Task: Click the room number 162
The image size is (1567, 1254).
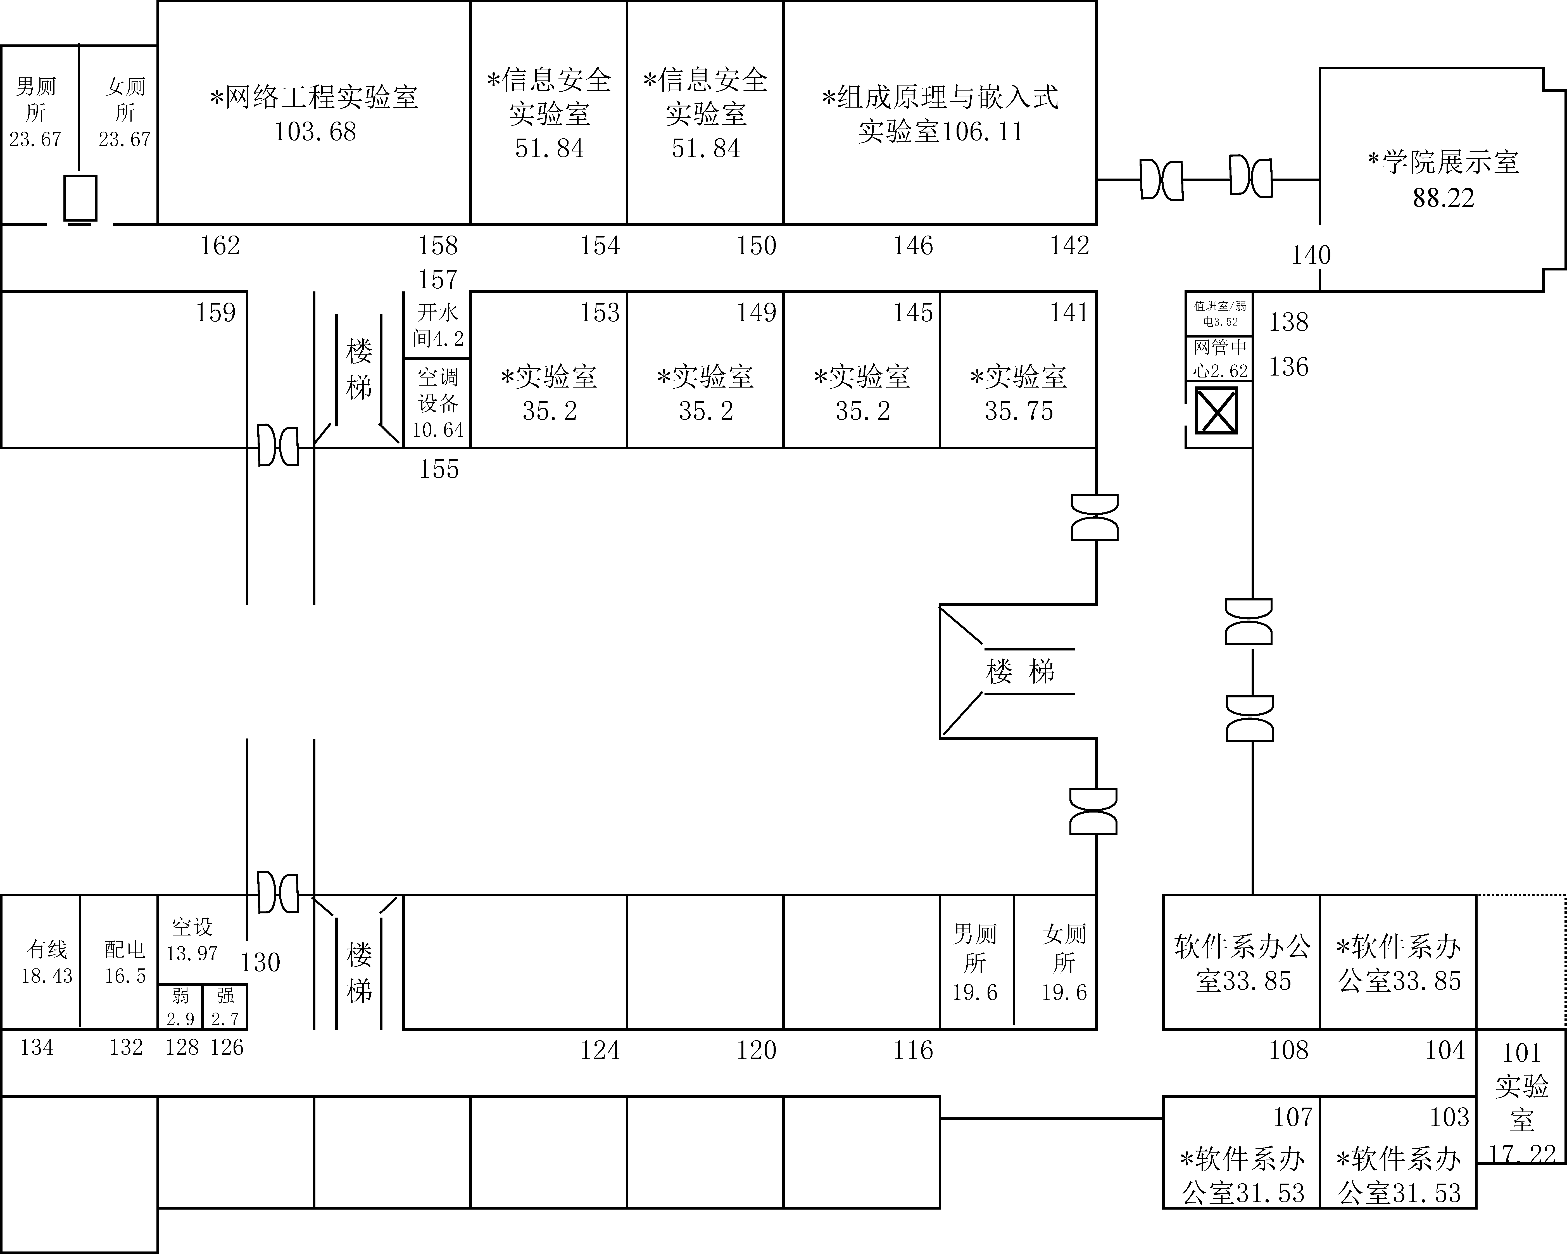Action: (x=220, y=246)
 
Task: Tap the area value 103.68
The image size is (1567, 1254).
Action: (x=315, y=132)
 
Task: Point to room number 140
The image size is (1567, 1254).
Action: (x=1311, y=255)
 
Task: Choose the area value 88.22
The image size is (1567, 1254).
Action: (x=1443, y=198)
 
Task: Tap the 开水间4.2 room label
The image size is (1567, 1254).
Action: (x=437, y=325)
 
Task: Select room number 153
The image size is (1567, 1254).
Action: (x=600, y=313)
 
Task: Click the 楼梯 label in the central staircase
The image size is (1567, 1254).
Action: (x=1020, y=671)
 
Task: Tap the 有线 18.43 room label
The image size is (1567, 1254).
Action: (x=47, y=962)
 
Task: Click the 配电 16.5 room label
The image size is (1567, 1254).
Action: (x=125, y=962)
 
